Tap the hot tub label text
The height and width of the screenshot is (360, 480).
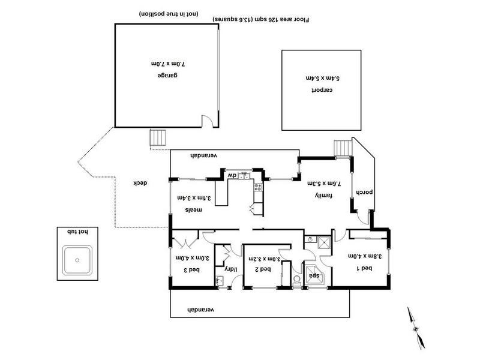[76, 232]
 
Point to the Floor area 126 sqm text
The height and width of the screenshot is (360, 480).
[261, 20]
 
